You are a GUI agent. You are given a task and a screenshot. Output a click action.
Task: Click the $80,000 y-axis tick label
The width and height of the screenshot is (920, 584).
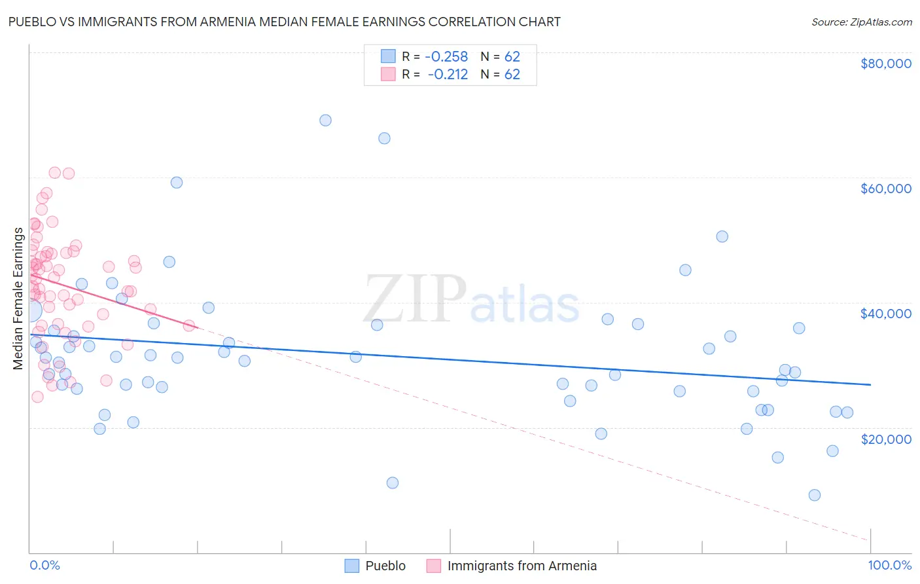click(885, 64)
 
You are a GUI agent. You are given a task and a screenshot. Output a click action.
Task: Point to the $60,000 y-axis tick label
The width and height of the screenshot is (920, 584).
click(885, 189)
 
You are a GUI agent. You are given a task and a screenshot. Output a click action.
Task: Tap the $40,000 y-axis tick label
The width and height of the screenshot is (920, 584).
click(885, 314)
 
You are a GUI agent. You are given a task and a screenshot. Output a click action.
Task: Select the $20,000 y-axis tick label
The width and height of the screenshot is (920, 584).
click(885, 439)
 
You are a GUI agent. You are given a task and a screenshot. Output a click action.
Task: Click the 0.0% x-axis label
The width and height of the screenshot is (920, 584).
click(44, 565)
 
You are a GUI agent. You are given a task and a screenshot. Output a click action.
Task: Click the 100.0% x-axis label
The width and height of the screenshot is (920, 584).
click(889, 565)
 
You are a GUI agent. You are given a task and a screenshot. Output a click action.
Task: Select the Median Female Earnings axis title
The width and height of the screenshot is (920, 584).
click(18, 299)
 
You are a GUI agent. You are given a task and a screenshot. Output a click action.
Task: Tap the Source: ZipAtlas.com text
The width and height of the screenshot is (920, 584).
click(861, 22)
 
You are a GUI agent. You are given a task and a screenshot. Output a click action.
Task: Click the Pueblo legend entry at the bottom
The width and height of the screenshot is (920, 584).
click(385, 566)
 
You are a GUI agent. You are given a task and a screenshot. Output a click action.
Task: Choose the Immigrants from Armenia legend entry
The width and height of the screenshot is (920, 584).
click(522, 566)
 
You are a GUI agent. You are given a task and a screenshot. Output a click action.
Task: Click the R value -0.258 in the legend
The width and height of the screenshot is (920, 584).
click(446, 56)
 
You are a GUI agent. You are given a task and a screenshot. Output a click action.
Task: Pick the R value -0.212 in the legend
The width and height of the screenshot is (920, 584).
click(448, 74)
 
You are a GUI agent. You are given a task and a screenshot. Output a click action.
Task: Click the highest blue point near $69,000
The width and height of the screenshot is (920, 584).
click(325, 120)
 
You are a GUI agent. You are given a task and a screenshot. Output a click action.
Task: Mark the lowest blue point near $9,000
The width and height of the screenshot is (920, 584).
click(815, 495)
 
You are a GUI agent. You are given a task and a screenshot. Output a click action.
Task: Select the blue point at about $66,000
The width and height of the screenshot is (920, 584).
click(384, 138)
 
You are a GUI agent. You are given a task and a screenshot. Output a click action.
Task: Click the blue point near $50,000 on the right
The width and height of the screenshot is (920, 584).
click(722, 237)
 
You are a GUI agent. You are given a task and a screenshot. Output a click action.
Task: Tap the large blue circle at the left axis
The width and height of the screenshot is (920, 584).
click(30, 310)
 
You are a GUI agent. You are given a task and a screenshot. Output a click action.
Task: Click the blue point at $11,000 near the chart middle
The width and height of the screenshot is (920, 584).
click(393, 483)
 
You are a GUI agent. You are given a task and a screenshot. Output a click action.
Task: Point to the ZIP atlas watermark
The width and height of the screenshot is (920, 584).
click(471, 301)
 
